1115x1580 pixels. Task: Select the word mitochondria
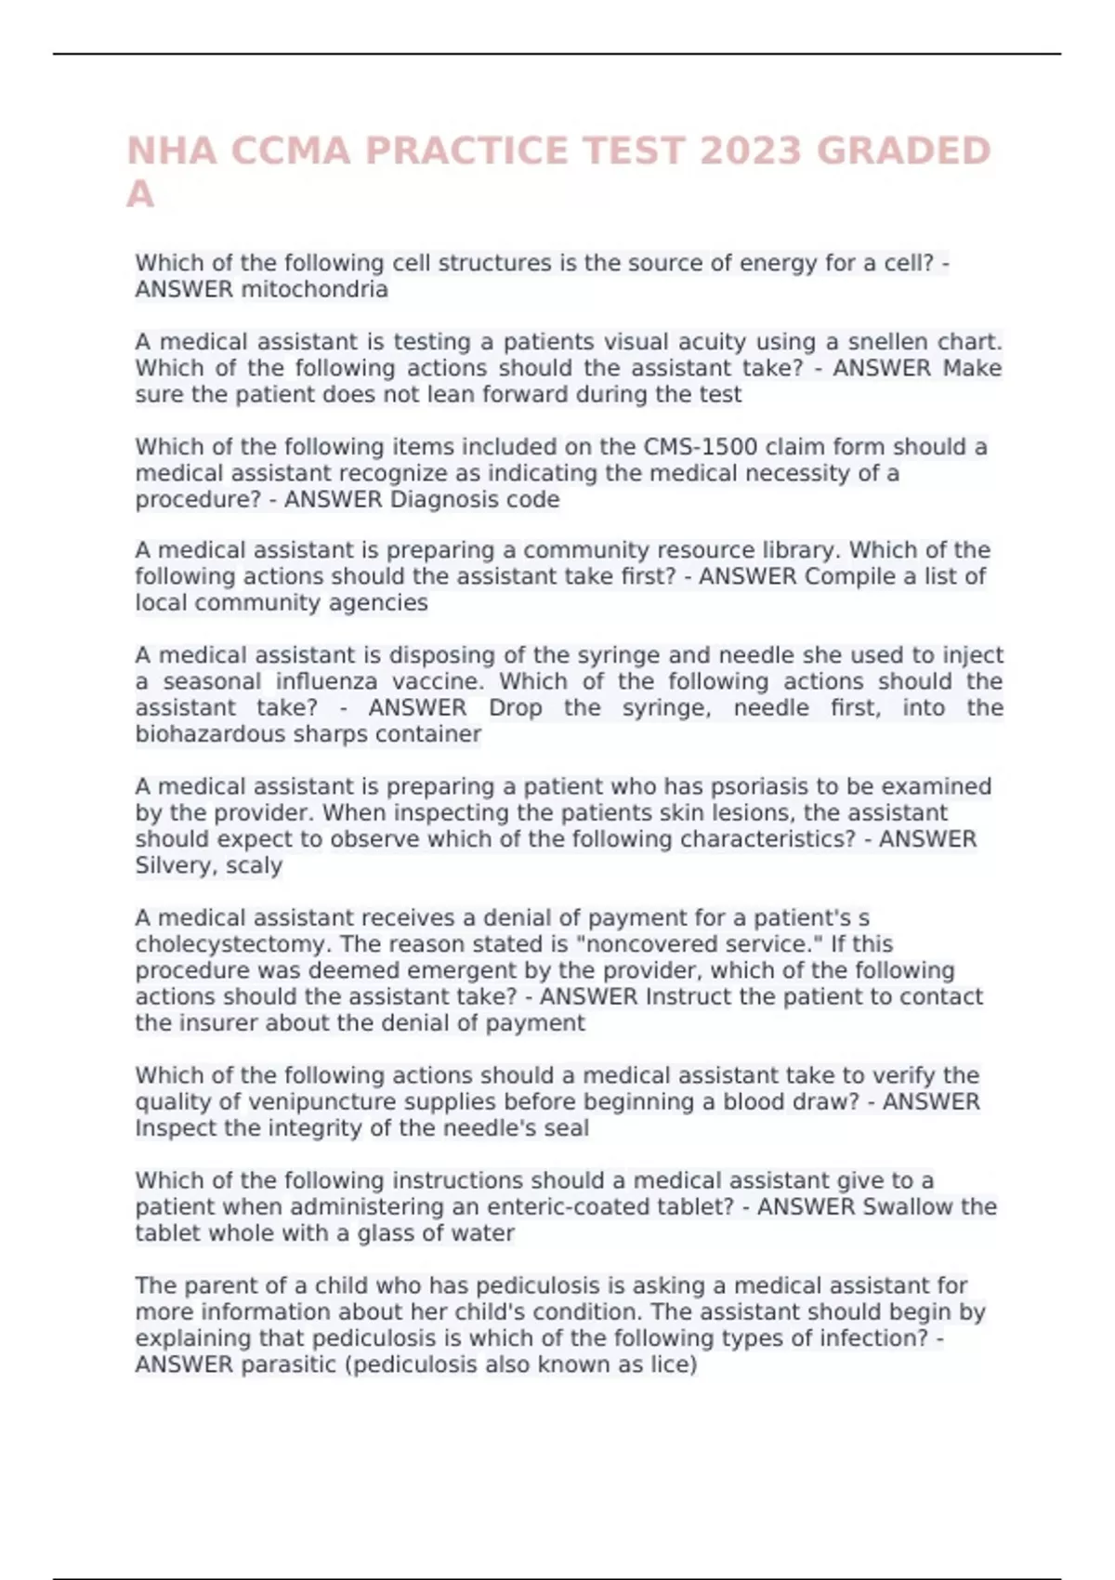tap(314, 290)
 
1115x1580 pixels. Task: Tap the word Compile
tap(847, 577)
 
